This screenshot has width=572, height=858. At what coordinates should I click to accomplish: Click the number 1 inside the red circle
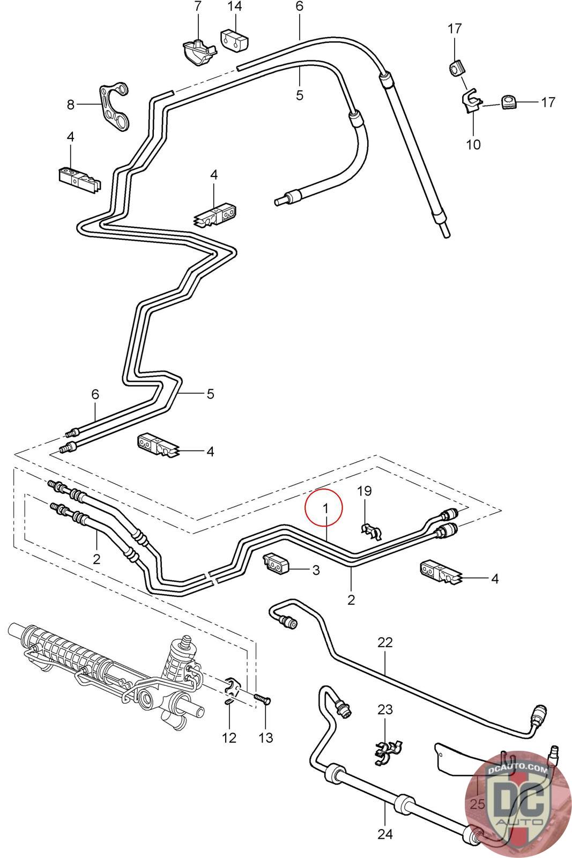pyautogui.click(x=325, y=509)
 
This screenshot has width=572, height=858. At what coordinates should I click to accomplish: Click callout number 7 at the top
pyautogui.click(x=198, y=6)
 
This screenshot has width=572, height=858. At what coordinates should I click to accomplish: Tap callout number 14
pyautogui.click(x=235, y=6)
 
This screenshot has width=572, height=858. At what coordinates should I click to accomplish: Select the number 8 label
pyautogui.click(x=70, y=105)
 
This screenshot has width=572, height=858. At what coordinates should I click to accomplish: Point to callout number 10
pyautogui.click(x=473, y=144)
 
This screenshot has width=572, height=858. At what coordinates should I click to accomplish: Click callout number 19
pyautogui.click(x=364, y=491)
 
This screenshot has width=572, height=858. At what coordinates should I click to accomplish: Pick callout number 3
pyautogui.click(x=316, y=570)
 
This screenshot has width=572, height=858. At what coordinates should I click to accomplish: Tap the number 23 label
pyautogui.click(x=385, y=710)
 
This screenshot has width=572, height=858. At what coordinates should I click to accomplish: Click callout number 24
pyautogui.click(x=385, y=834)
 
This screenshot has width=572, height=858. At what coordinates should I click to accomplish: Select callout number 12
pyautogui.click(x=229, y=737)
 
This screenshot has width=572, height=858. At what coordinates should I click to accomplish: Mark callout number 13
pyautogui.click(x=266, y=737)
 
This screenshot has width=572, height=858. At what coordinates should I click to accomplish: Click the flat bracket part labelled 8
pyautogui.click(x=114, y=105)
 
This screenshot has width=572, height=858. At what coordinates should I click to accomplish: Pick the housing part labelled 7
pyautogui.click(x=198, y=52)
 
